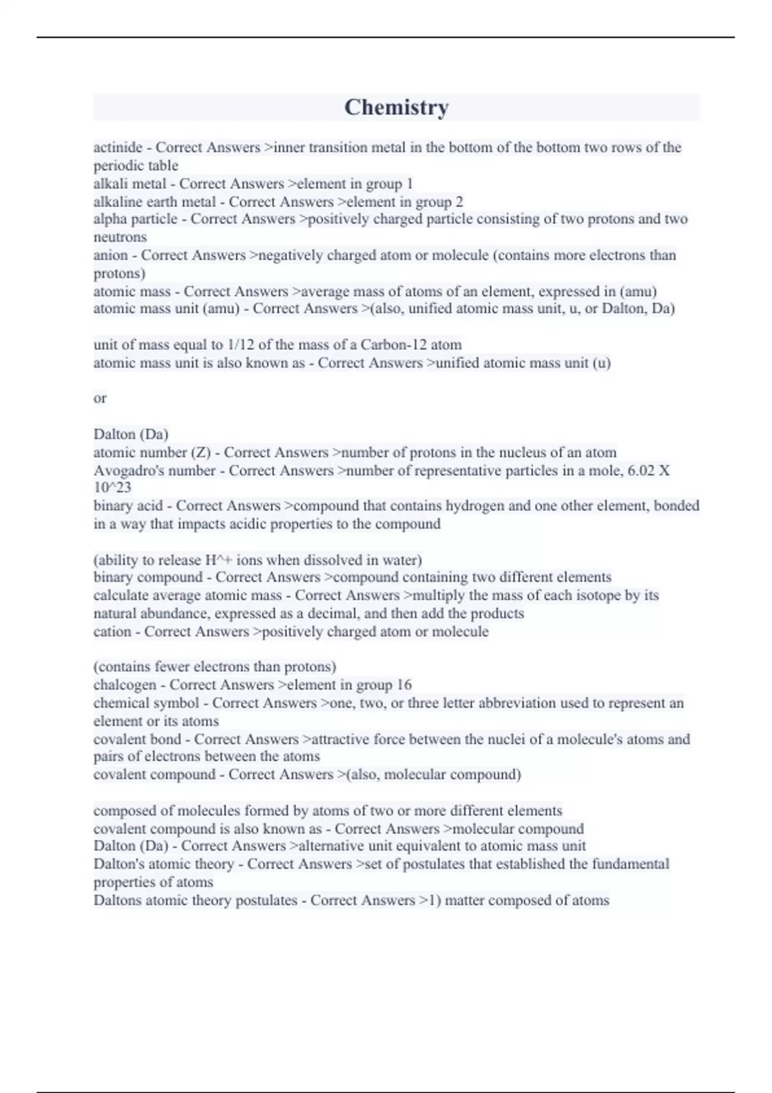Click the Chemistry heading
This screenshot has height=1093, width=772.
pyautogui.click(x=396, y=107)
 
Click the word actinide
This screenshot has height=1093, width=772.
pyautogui.click(x=118, y=148)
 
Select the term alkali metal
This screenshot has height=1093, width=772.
pyautogui.click(x=130, y=184)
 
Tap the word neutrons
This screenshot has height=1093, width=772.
pyautogui.click(x=120, y=237)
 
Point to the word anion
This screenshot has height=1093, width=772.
pyautogui.click(x=111, y=255)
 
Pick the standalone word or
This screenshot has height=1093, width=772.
pyautogui.click(x=100, y=399)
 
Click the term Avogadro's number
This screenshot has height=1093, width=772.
pyautogui.click(x=154, y=471)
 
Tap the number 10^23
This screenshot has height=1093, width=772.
pyautogui.click(x=112, y=488)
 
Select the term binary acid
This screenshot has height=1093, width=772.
pyautogui.click(x=128, y=506)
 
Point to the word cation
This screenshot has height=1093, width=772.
pyautogui.click(x=112, y=632)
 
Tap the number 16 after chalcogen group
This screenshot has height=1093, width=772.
pyautogui.click(x=404, y=685)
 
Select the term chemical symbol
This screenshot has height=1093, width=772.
pyautogui.click(x=146, y=703)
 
